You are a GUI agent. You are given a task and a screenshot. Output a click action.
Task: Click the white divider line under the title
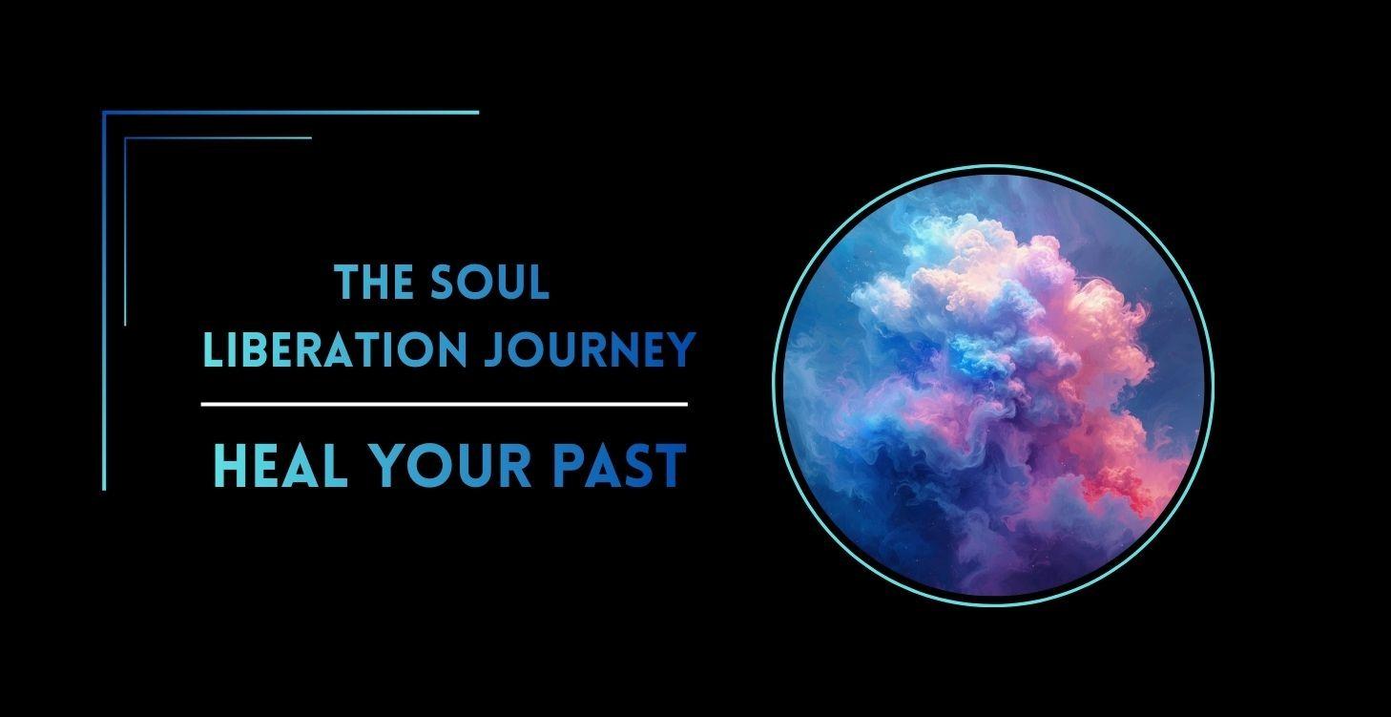444,405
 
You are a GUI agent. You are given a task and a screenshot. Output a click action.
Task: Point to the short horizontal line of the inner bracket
218,138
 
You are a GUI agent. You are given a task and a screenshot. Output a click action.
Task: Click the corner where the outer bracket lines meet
104,113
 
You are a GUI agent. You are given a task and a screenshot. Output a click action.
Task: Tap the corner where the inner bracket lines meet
126,138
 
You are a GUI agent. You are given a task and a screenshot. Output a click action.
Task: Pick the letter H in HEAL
229,466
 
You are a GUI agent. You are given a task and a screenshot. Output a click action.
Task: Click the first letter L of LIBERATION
211,350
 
